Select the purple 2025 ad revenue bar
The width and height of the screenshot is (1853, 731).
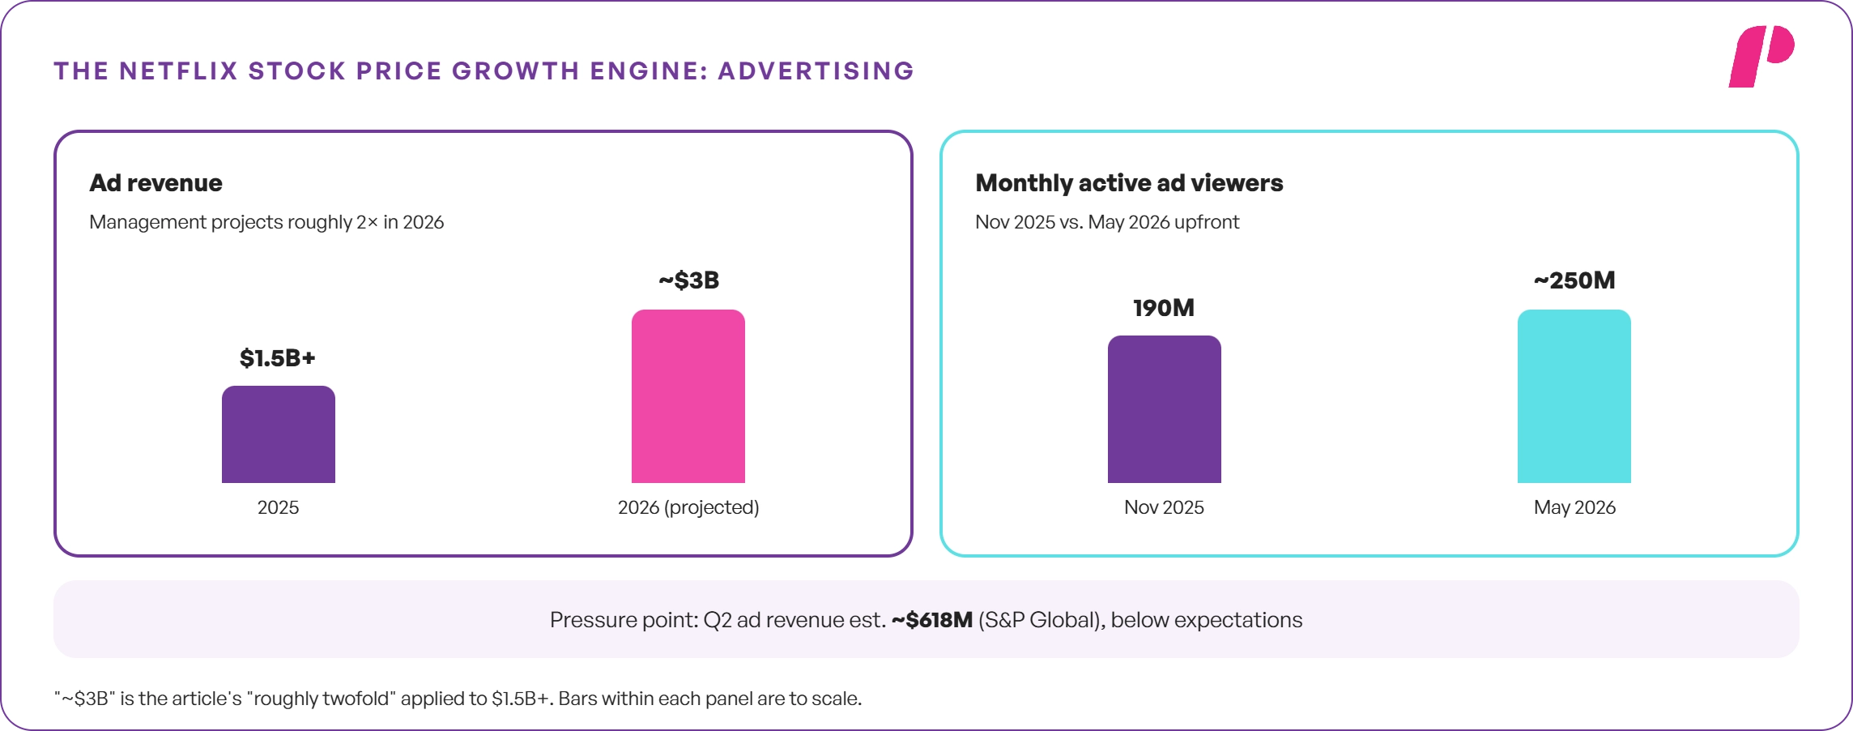278,434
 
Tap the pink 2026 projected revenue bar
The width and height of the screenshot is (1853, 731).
688,396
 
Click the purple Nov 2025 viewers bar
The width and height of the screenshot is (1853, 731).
1164,409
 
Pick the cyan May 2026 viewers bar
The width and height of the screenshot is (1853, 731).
1574,396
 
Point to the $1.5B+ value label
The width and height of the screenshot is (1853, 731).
277,357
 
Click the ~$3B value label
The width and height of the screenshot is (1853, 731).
688,280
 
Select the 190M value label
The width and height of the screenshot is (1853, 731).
1164,308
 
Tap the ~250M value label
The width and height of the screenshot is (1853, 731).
1574,280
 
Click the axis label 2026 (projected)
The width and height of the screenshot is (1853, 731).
688,507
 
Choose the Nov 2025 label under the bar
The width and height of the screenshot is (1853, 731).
1164,507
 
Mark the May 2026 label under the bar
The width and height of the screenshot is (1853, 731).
1574,507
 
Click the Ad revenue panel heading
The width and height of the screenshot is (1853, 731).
155,183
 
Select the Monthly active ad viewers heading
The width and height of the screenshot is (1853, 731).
1129,183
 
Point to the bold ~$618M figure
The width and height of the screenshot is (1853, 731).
931,620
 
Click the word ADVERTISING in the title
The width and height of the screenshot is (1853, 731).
816,71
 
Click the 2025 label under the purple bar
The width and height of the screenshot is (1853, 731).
278,507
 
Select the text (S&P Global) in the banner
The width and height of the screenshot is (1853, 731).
1042,620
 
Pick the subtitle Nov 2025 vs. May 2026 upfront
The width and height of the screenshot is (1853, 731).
1107,222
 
